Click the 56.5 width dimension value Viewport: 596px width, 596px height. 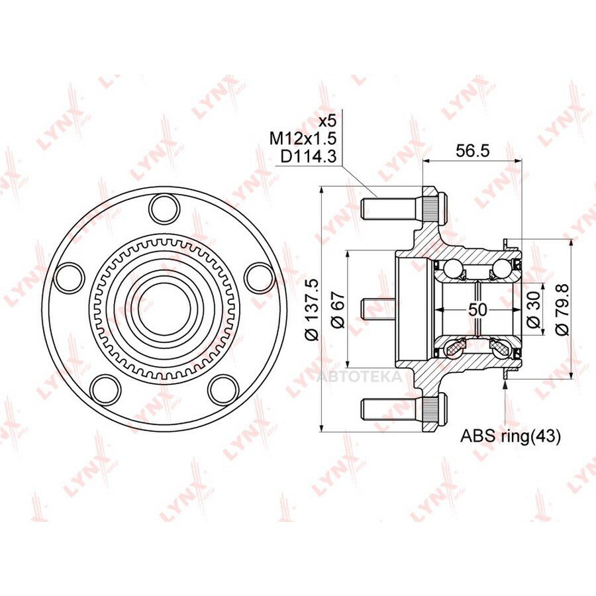click(472, 151)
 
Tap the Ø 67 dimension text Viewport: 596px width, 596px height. click(338, 309)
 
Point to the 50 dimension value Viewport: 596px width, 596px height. click(477, 310)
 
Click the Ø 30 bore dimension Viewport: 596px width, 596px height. click(534, 310)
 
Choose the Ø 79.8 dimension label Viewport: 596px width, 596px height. click(562, 309)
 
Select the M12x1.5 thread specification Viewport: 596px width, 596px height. click(303, 139)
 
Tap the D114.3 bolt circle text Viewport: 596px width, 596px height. click(308, 156)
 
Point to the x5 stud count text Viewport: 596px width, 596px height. click(327, 121)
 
